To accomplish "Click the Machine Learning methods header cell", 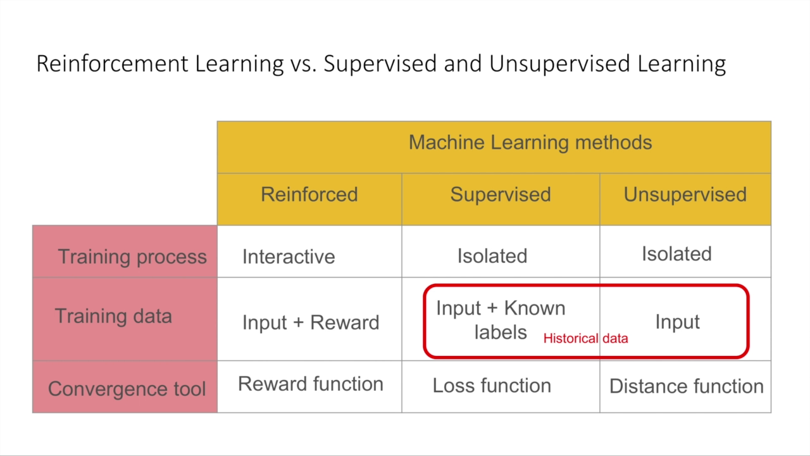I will [530, 142].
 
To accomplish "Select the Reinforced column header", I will [309, 194].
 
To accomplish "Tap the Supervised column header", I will [500, 194].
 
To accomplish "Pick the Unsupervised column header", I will [685, 194].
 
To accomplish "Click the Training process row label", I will [132, 256].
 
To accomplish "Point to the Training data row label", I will [113, 316].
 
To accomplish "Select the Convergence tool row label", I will [127, 388].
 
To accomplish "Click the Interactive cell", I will [289, 256].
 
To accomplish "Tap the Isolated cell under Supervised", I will [492, 256].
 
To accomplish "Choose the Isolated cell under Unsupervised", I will [676, 254].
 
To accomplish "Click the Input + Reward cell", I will [311, 322].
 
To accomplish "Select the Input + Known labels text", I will [501, 320].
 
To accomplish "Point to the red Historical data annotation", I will [585, 338].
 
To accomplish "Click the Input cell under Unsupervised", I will [677, 322].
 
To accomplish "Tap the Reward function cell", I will [311, 384].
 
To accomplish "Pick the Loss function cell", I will [492, 386].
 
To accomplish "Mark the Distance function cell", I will [686, 386].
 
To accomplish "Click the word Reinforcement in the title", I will [112, 64].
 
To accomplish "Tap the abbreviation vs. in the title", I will [303, 64].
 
